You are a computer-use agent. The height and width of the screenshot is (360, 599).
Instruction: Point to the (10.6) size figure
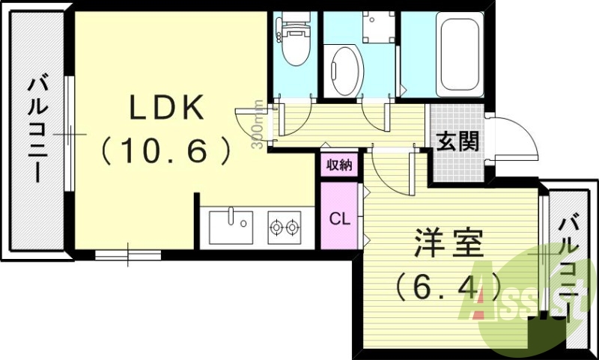166,152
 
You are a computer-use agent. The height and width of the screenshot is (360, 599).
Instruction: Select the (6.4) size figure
447,285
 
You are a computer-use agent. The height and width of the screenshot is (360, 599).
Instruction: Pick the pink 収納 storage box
340,165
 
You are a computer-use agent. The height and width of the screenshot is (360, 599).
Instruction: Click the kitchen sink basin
231,227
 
